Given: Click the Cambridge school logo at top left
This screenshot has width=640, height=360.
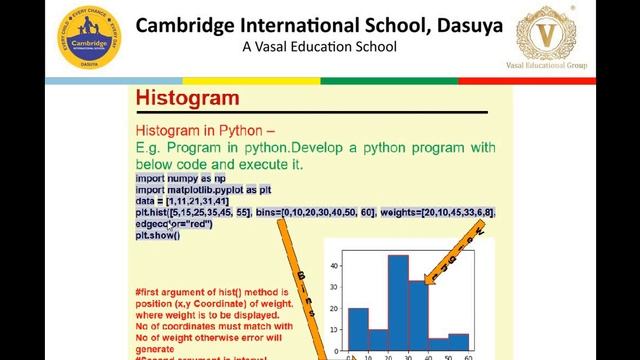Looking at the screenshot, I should [x=90, y=38].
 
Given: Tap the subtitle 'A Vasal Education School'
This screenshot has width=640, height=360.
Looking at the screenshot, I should [x=319, y=47].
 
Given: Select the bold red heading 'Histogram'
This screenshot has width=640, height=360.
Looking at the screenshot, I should [x=187, y=98].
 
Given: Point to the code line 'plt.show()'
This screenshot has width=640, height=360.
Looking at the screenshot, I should [x=158, y=235].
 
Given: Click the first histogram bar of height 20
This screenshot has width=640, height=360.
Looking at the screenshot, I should [x=358, y=330].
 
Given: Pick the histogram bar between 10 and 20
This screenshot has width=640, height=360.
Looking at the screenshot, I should [x=378, y=341].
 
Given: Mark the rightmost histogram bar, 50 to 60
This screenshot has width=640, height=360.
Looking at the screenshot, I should [x=458, y=344].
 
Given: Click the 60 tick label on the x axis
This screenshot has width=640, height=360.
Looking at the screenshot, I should [x=468, y=357].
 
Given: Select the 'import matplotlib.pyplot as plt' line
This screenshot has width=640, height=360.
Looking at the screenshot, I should [x=203, y=189].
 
